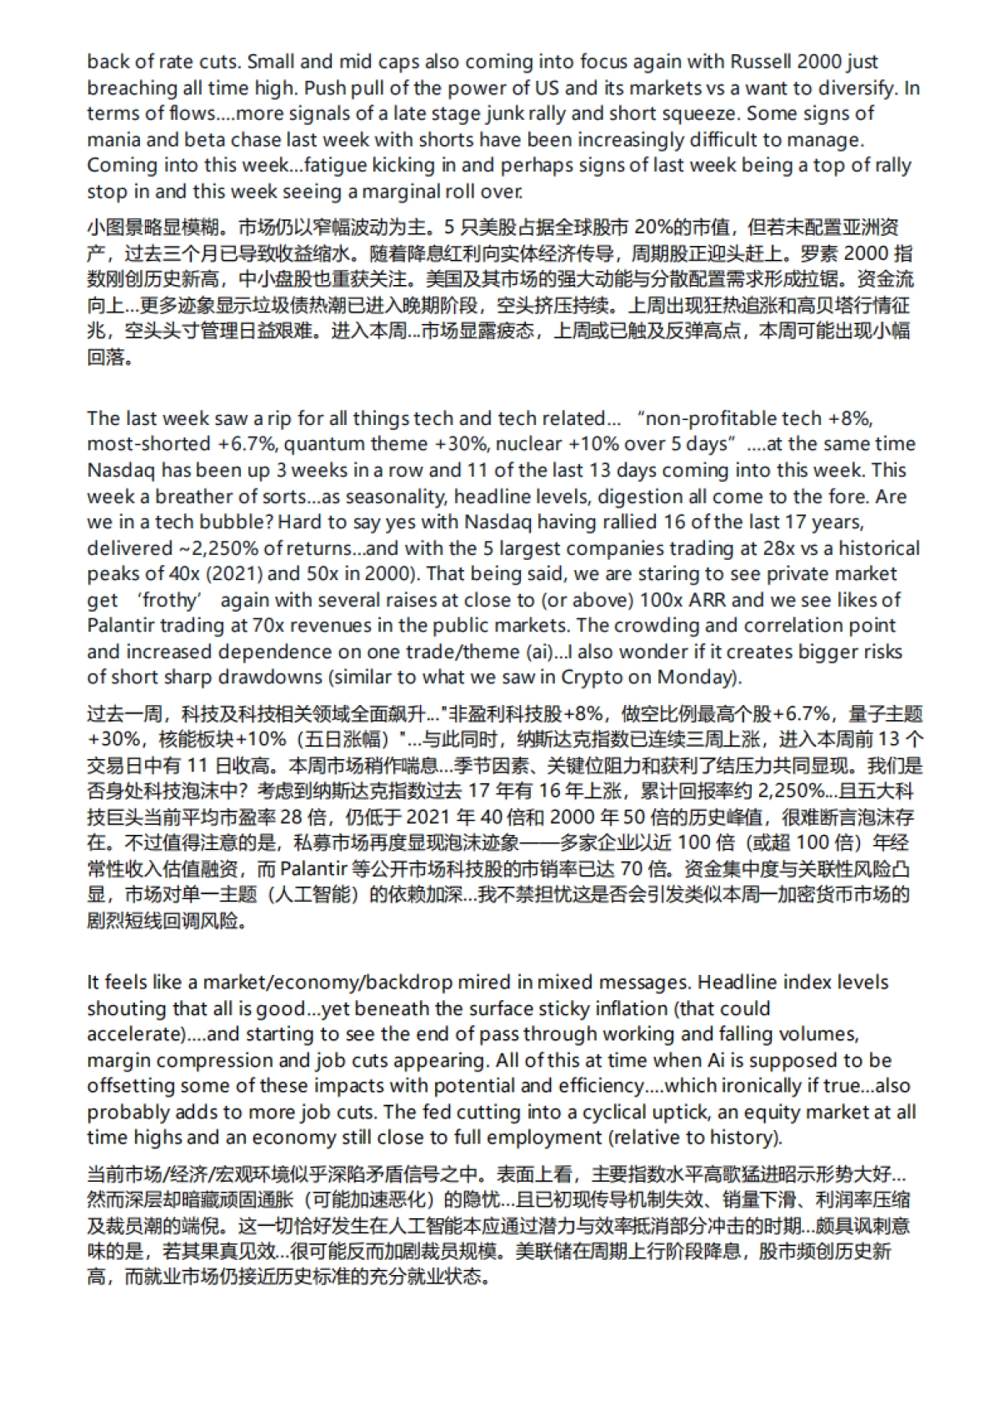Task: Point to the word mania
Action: click(112, 139)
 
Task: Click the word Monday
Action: click(698, 677)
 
